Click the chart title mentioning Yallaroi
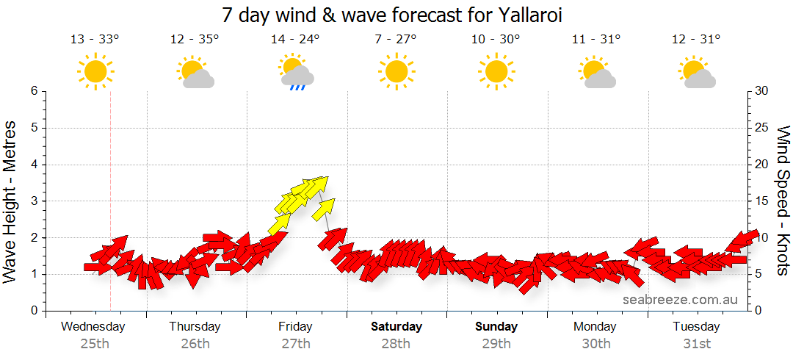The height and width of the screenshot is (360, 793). (x=396, y=15)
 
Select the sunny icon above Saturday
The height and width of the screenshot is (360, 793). (x=396, y=71)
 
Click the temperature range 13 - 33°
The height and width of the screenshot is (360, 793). (x=95, y=40)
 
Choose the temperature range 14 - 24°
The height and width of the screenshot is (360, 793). (x=295, y=40)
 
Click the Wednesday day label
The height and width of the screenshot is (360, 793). (x=93, y=326)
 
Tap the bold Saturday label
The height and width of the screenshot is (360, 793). (x=396, y=326)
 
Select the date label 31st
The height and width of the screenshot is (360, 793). (x=696, y=343)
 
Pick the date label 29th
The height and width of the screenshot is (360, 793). (x=496, y=343)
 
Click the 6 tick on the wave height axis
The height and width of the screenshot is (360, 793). (x=34, y=91)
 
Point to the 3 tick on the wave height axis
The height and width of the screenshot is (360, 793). (x=34, y=201)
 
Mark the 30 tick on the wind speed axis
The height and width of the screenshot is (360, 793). (x=762, y=91)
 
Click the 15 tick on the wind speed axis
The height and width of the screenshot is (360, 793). (x=762, y=201)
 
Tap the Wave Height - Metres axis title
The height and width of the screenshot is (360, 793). (x=11, y=202)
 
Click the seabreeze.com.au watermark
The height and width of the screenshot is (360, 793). (x=680, y=300)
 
